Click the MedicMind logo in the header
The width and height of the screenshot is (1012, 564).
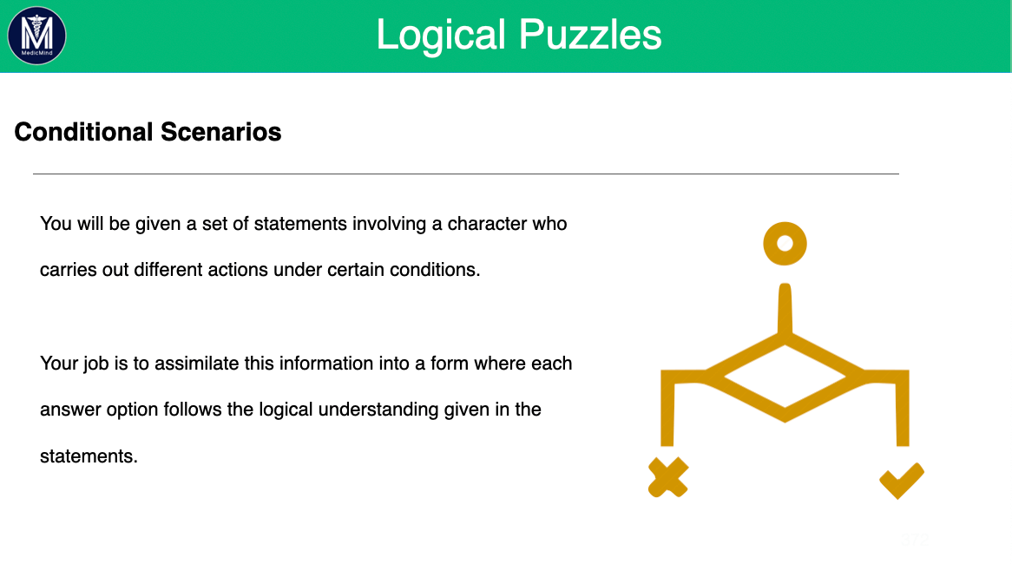point(36,36)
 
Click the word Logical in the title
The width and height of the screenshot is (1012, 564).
point(440,35)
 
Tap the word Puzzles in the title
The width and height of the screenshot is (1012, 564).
point(590,35)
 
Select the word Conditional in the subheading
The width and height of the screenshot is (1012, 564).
point(83,132)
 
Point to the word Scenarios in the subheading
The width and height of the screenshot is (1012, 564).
point(220,132)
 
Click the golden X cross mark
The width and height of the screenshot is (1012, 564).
point(668,477)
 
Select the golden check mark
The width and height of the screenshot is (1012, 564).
point(902,480)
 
